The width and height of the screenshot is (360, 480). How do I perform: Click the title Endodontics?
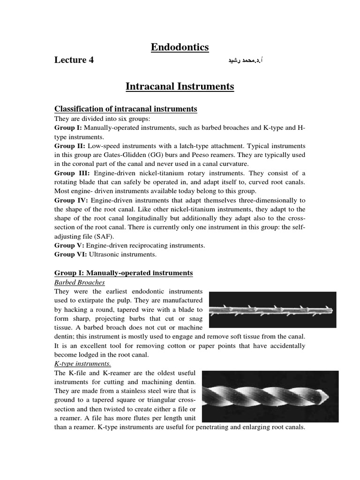pyautogui.click(x=180, y=47)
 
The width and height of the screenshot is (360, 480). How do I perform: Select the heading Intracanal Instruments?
pyautogui.click(x=180, y=87)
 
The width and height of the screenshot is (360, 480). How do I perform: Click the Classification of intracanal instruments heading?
pyautogui.click(x=126, y=109)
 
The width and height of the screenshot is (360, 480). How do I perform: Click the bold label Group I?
pyautogui.click(x=68, y=128)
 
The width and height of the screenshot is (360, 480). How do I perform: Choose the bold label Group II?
pyautogui.click(x=69, y=146)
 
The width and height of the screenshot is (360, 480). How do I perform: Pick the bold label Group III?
pyautogui.click(x=71, y=173)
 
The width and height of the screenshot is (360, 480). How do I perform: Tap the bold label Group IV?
pyautogui.click(x=70, y=200)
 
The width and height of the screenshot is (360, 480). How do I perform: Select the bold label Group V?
pyautogui.click(x=69, y=245)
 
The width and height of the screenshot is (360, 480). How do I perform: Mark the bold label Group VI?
pyautogui.click(x=70, y=255)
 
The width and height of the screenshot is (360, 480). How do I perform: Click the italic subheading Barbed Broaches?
pyautogui.click(x=79, y=282)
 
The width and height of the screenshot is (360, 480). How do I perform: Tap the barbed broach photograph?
pyautogui.click(x=272, y=310)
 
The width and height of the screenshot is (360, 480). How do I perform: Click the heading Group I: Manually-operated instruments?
pyautogui.click(x=123, y=273)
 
